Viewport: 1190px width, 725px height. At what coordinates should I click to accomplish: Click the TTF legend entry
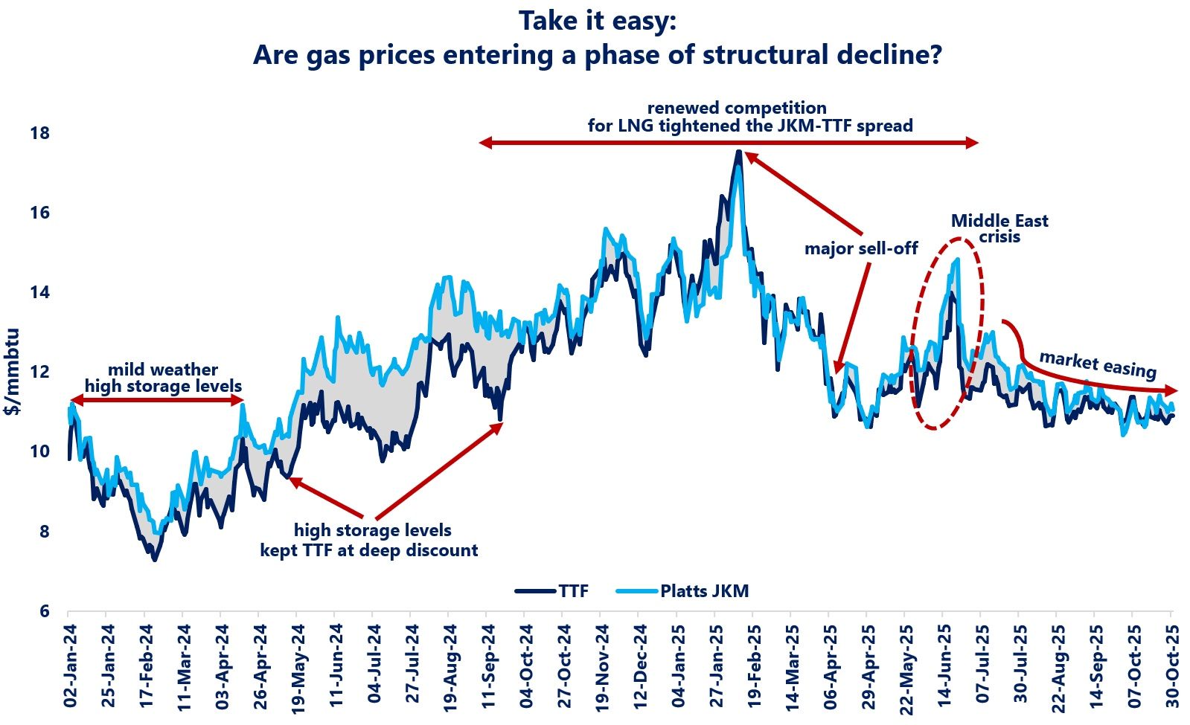click(x=573, y=591)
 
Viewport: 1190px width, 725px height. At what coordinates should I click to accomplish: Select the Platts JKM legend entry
click(x=703, y=591)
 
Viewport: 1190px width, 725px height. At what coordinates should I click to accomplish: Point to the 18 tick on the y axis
click(x=39, y=134)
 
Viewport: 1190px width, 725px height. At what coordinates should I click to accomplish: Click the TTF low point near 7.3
click(x=155, y=558)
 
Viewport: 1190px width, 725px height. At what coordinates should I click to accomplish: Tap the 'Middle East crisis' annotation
click(x=999, y=228)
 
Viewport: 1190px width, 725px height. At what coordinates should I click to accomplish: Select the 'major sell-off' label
click(x=861, y=248)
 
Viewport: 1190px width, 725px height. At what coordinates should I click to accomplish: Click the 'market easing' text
click(x=1097, y=364)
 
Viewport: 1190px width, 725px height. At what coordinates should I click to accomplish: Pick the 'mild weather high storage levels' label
click(x=163, y=378)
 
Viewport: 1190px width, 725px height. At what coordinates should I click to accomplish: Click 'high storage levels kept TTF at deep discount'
click(x=369, y=541)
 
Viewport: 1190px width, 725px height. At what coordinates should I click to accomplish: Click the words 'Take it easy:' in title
click(x=597, y=21)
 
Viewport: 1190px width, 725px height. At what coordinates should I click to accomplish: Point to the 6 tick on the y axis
click(x=44, y=611)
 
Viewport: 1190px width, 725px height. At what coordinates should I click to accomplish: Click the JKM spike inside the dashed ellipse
click(x=957, y=260)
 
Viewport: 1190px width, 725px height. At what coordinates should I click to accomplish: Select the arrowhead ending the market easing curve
click(x=1171, y=390)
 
